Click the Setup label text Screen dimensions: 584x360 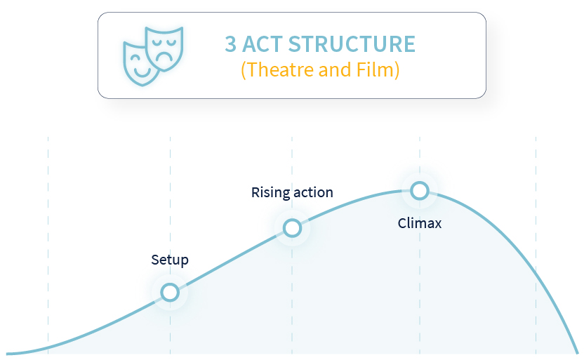pyautogui.click(x=170, y=260)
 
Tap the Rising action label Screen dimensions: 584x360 pyautogui.click(x=292, y=192)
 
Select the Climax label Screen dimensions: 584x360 pyautogui.click(x=419, y=223)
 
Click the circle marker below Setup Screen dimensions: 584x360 pyautogui.click(x=170, y=292)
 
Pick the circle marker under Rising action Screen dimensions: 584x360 pyautogui.click(x=292, y=228)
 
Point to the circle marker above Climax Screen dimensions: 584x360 pyautogui.click(x=420, y=191)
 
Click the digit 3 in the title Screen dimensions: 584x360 pyautogui.click(x=230, y=44)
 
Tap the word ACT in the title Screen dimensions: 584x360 pyautogui.click(x=263, y=44)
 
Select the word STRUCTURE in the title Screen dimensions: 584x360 pyautogui.click(x=352, y=44)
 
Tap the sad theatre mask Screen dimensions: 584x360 pyautogui.click(x=164, y=48)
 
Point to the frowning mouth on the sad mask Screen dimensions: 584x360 pyautogui.click(x=164, y=57)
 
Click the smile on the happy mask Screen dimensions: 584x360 pyautogui.click(x=142, y=72)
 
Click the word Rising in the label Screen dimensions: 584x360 pyautogui.click(x=271, y=193)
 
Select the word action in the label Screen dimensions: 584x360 pyautogui.click(x=313, y=193)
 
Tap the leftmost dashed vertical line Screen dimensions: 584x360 pyautogui.click(x=48, y=246)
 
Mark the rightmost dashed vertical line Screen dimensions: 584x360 pyautogui.click(x=536, y=246)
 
